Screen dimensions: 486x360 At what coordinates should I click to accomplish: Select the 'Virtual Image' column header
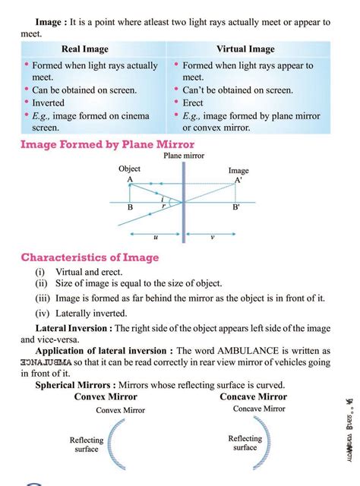[246, 49]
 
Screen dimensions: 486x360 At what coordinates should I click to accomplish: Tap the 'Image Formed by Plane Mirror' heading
[107, 144]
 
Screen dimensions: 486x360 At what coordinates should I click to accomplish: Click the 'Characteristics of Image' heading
[90, 257]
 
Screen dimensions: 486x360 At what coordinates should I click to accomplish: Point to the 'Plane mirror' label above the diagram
[184, 156]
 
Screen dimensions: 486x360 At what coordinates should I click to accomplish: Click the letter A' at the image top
[238, 181]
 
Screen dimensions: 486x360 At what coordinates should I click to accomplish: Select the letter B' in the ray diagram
[236, 207]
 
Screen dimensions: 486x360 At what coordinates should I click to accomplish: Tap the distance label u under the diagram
[156, 237]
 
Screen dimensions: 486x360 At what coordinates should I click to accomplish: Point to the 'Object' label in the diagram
[130, 169]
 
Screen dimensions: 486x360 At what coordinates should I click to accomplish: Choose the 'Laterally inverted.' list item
[81, 312]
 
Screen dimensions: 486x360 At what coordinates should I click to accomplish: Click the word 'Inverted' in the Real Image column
[49, 103]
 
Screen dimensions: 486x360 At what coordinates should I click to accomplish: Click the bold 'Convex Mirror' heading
[106, 396]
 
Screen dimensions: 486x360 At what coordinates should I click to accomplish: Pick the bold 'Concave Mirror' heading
[253, 396]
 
